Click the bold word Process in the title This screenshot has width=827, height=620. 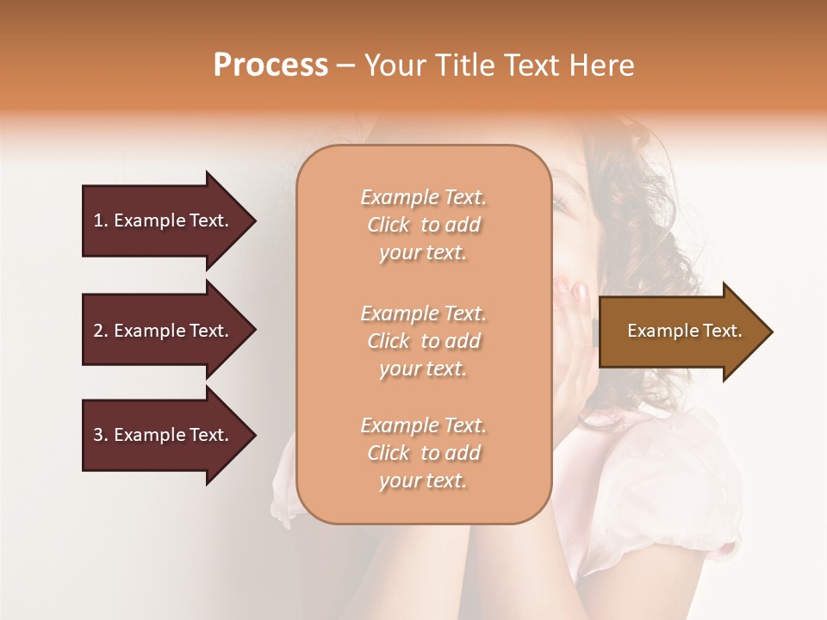coord(270,65)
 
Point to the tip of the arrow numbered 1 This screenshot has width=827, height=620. coord(254,220)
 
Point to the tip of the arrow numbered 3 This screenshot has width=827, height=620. coord(254,435)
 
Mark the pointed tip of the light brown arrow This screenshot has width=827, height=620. coord(771,332)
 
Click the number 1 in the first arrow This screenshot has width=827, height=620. coord(98,220)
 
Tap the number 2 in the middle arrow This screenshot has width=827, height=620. coord(98,331)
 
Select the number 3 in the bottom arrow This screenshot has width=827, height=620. coord(98,435)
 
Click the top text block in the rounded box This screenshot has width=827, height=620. coord(423,225)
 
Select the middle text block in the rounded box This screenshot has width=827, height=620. coord(423,341)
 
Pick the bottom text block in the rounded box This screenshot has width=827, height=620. coord(423,453)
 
